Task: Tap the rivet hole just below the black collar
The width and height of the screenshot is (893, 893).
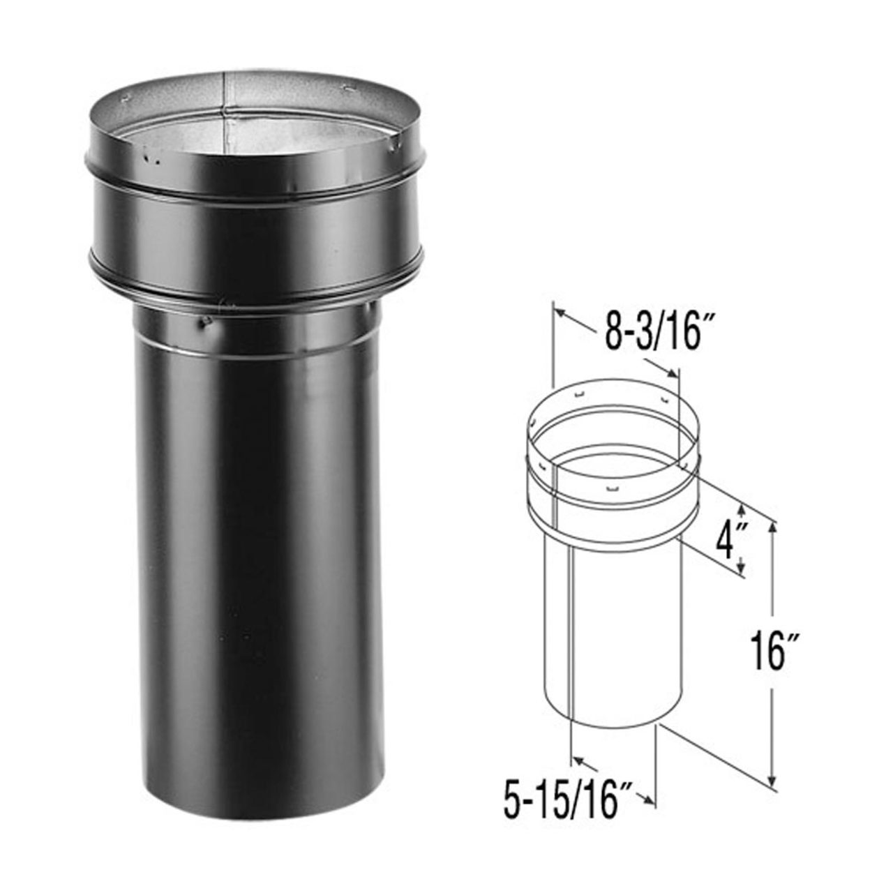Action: tap(204, 322)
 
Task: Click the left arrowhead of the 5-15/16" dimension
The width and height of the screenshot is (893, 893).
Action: tap(576, 759)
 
